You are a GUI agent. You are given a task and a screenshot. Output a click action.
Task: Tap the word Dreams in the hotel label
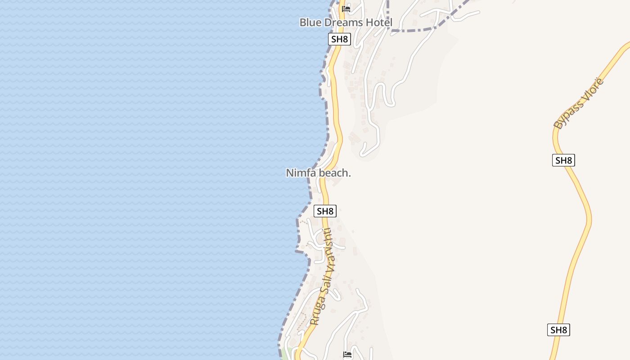pyautogui.click(x=346, y=22)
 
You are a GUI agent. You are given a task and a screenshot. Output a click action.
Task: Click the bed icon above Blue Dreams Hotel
pyautogui.click(x=346, y=9)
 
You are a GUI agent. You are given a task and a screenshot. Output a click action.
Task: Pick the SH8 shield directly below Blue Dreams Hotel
pyautogui.click(x=339, y=39)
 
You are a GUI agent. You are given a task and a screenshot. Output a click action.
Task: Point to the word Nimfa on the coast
pyautogui.click(x=301, y=173)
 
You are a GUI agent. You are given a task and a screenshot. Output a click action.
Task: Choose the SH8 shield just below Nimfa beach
pyautogui.click(x=325, y=211)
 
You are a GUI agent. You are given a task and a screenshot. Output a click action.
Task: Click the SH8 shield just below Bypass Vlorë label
pyautogui.click(x=563, y=160)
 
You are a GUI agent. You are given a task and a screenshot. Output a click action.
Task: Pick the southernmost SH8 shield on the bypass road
pyautogui.click(x=558, y=330)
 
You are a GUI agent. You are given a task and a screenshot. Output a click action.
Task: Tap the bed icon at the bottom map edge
pyautogui.click(x=347, y=355)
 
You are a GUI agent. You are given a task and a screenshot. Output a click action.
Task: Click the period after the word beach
pyautogui.click(x=350, y=175)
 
